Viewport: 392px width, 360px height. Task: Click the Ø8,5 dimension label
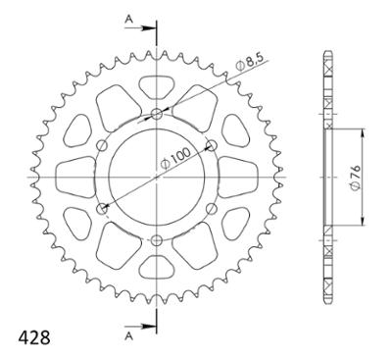pos(250,62)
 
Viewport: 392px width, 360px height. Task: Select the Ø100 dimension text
pos(175,158)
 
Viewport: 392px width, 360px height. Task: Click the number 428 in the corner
pos(34,337)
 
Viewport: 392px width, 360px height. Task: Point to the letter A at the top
pos(129,20)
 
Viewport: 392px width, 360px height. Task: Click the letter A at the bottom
pos(129,336)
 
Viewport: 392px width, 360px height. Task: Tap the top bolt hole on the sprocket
pos(157,114)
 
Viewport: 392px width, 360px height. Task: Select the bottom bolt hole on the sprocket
pos(157,240)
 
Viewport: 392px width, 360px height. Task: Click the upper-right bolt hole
pos(212,145)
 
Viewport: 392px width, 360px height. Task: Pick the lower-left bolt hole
pos(103,208)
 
